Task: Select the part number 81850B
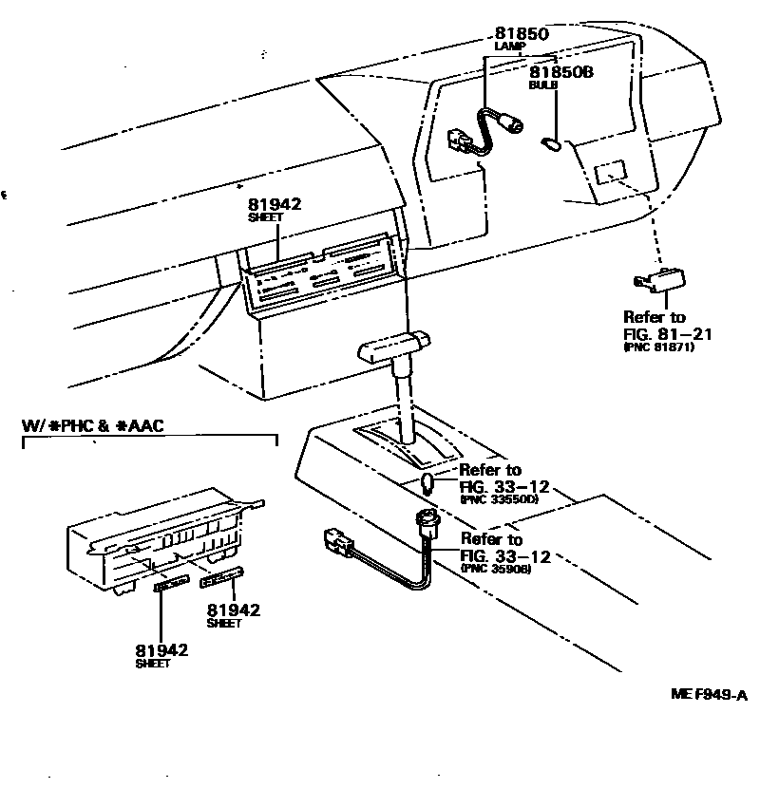click(560, 71)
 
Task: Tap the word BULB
click(543, 84)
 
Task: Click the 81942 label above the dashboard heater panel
click(275, 203)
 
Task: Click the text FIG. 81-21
click(667, 333)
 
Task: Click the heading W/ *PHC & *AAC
click(92, 425)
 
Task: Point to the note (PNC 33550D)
click(499, 498)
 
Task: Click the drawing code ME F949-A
click(709, 695)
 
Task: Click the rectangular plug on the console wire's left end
click(336, 542)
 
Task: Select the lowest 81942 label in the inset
click(161, 650)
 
